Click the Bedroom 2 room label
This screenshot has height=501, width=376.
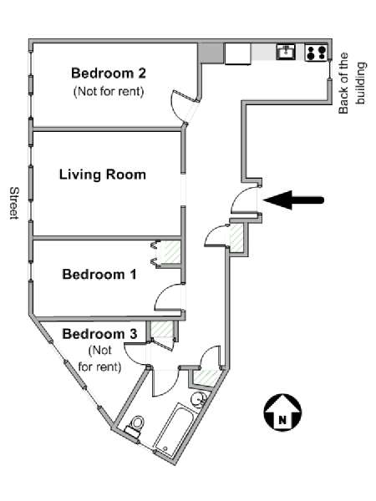click(109, 73)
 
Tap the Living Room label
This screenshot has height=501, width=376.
click(103, 175)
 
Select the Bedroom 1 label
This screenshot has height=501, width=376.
click(99, 275)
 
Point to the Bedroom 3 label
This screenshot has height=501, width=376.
click(99, 334)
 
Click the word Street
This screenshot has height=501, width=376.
click(14, 203)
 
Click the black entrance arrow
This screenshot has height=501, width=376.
click(294, 200)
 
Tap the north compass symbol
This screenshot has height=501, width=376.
click(282, 412)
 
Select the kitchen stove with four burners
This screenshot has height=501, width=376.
click(316, 53)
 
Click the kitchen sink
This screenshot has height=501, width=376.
click(286, 52)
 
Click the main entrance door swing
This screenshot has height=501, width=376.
click(245, 200)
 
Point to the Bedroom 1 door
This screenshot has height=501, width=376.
click(169, 297)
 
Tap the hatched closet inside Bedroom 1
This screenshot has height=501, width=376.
click(169, 253)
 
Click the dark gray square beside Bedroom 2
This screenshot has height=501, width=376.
click(210, 53)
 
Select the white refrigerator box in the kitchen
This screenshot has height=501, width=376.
click(238, 54)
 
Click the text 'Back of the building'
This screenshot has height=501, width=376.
click(352, 83)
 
